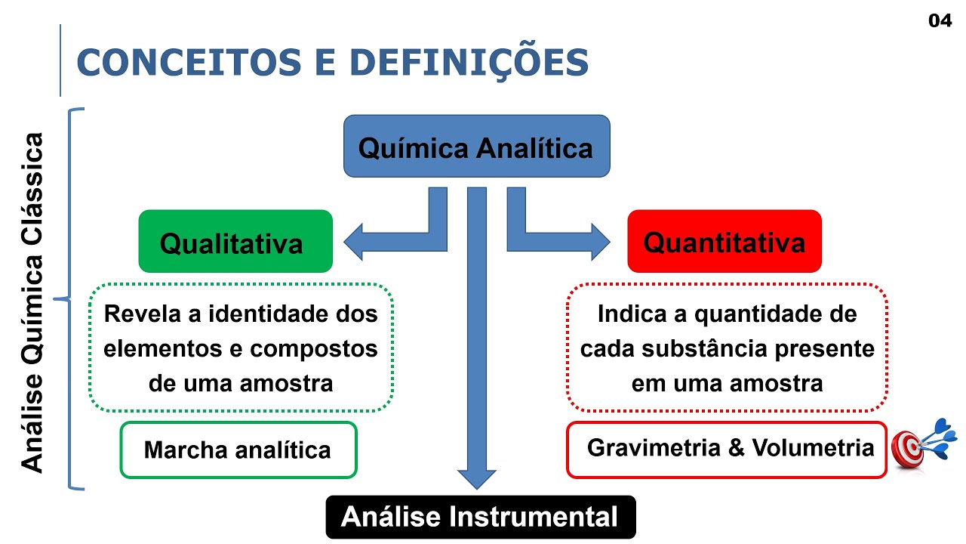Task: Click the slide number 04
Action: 940,21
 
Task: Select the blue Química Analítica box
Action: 476,147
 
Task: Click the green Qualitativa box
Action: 235,242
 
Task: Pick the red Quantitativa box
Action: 724,242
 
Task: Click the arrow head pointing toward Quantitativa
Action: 599,242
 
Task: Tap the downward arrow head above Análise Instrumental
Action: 476,479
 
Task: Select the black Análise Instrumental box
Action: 480,518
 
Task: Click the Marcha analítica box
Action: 238,450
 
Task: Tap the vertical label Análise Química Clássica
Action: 33,302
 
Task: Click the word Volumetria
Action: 814,448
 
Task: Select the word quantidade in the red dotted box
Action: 759,314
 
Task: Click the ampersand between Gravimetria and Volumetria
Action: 737,448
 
